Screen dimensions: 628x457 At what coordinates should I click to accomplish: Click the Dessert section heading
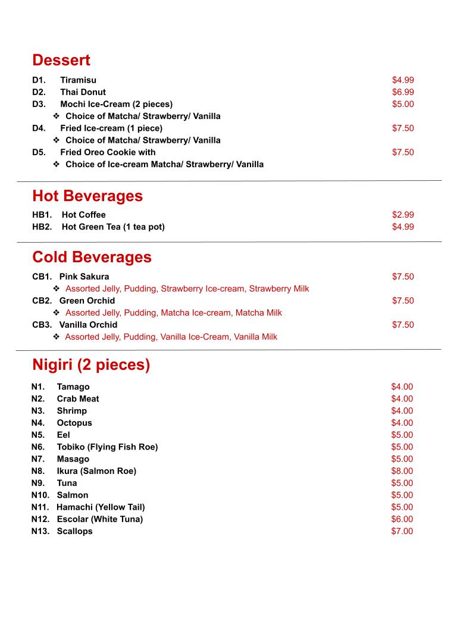[x=61, y=60]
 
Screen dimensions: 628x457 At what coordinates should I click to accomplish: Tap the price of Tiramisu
[x=403, y=80]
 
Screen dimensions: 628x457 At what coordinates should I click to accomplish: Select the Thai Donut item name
[x=83, y=92]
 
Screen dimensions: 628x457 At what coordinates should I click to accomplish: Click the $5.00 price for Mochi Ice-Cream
[x=403, y=104]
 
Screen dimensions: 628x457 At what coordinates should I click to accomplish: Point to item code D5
[x=39, y=152]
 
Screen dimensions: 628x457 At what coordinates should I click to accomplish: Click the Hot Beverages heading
[x=87, y=196]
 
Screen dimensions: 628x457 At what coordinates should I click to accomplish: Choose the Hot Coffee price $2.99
[x=403, y=215]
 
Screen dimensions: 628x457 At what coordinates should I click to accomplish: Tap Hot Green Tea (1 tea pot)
[x=113, y=227]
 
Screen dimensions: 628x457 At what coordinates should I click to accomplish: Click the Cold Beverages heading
[x=92, y=257]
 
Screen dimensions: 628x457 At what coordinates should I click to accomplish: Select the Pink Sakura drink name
[x=84, y=277]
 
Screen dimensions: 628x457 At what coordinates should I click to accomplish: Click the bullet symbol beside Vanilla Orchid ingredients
[x=56, y=337]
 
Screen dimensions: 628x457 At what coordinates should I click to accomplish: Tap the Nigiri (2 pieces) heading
[x=91, y=365]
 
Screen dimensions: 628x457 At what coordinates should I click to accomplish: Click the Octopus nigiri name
[x=74, y=423]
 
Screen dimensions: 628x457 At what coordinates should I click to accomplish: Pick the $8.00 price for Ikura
[x=402, y=471]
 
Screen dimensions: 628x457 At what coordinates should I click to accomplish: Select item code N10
[x=40, y=495]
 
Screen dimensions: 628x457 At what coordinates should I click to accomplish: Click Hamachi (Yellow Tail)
[x=101, y=507]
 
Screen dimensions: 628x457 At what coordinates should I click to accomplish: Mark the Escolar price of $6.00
[x=402, y=519]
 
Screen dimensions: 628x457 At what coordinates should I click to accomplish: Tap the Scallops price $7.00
[x=402, y=531]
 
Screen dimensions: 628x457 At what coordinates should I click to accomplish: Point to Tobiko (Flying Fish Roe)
[x=107, y=447]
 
